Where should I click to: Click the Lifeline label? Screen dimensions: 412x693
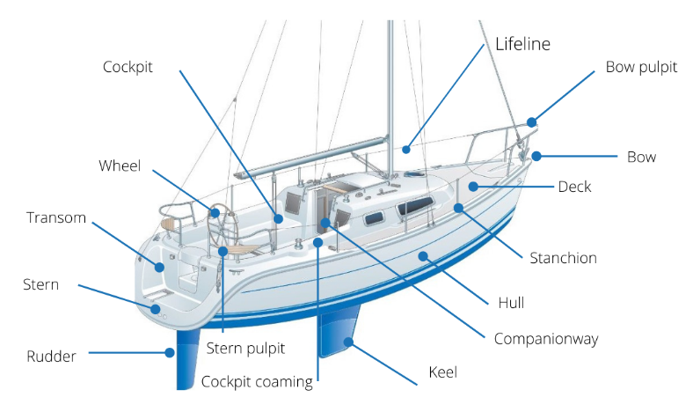click(522, 44)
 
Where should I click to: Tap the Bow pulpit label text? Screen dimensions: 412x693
click(641, 68)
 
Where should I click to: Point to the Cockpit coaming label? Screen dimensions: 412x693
click(257, 381)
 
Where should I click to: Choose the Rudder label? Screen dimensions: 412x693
click(51, 357)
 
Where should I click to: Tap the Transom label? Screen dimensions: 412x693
click(56, 217)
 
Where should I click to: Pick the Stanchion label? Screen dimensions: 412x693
click(563, 258)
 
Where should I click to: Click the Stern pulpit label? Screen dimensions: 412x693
click(245, 349)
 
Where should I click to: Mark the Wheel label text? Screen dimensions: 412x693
click(120, 166)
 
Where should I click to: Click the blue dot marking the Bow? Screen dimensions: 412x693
click(536, 157)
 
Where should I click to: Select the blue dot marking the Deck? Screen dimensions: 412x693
click(473, 187)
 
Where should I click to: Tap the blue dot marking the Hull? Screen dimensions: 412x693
click(423, 256)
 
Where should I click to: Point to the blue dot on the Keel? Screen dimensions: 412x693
click(349, 342)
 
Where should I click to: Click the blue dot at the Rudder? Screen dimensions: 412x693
click(170, 353)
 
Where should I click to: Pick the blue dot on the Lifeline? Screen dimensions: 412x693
click(406, 149)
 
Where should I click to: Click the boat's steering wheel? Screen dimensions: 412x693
click(222, 225)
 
